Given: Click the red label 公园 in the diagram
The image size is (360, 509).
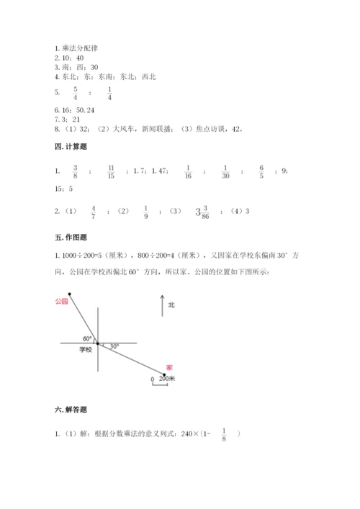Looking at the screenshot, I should (61, 302).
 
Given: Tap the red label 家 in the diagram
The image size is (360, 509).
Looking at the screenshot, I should (168, 366).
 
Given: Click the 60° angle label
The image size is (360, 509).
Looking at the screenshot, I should (87, 337).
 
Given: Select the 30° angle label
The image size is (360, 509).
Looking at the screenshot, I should (114, 346).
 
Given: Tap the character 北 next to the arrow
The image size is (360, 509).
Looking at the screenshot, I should (171, 305).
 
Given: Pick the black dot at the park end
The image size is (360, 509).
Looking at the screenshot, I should (70, 293).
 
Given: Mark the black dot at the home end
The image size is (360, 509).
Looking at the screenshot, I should (164, 374).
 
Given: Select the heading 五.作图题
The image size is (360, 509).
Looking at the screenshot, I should (60, 236).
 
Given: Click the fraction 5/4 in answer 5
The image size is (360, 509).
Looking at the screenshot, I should (74, 92).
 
